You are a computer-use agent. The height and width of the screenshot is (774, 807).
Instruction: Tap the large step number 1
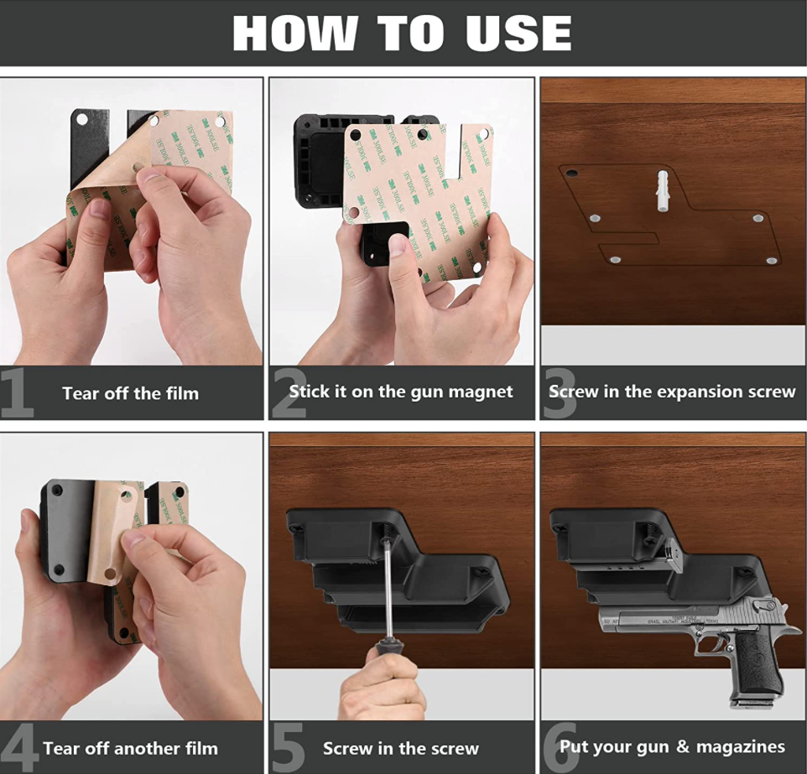pos(16,392)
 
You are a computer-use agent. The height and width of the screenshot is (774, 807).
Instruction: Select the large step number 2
pos(289,392)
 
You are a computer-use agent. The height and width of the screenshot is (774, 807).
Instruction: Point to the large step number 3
pos(559,392)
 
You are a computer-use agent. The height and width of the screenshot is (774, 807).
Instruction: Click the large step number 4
pos(18,747)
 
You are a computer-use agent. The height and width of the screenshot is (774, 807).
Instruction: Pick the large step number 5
pos(288,747)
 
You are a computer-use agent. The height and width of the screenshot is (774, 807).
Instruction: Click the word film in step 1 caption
pos(181,393)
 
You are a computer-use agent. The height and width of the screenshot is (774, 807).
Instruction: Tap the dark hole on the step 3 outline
pos(572,173)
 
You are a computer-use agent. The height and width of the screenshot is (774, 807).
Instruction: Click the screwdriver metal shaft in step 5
pos(387,587)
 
